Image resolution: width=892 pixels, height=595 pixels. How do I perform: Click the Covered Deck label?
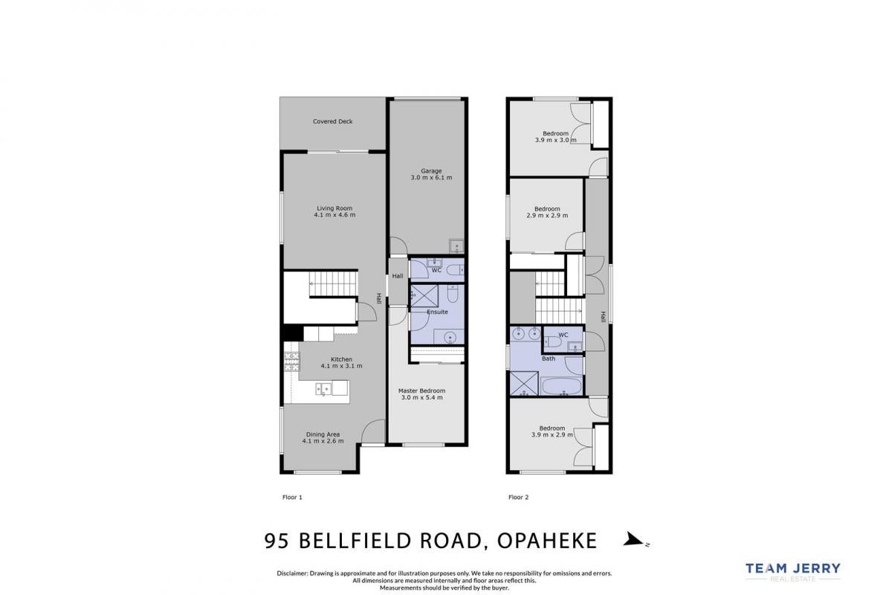[332, 121]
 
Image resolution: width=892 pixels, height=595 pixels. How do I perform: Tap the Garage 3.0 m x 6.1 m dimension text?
[431, 178]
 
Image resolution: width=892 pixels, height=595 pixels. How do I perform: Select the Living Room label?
[334, 208]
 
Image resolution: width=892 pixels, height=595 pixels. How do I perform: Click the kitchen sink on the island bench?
[323, 389]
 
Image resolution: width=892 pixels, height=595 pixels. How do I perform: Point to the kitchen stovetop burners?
[291, 362]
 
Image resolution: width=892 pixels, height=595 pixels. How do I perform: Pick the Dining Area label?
[323, 434]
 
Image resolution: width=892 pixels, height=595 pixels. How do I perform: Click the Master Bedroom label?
[421, 391]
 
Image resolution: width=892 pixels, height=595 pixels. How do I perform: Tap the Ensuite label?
[437, 312]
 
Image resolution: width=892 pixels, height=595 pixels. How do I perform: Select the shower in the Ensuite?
[424, 295]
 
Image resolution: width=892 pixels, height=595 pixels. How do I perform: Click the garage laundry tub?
[456, 246]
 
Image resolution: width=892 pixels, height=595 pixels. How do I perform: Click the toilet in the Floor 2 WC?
[552, 341]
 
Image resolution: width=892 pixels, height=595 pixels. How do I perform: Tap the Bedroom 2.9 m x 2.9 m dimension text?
[547, 216]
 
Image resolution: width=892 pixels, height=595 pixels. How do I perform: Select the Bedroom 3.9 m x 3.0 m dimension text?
[555, 141]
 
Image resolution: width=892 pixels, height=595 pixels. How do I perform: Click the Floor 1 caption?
[292, 498]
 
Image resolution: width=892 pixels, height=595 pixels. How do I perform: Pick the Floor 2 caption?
[519, 498]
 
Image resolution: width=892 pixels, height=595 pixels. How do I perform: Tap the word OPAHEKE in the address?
[547, 541]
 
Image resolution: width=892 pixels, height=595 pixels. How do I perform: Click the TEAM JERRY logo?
[793, 572]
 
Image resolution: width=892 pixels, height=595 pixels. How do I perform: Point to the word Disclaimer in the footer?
[292, 573]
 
